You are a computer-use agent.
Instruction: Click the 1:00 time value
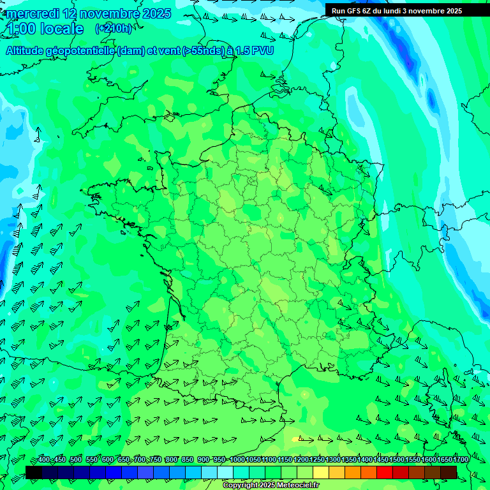(22, 29)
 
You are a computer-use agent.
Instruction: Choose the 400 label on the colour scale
(43, 459)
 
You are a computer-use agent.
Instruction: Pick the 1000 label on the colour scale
(237, 459)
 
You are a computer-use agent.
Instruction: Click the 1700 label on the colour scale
(461, 459)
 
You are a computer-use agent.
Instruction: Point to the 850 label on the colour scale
(187, 459)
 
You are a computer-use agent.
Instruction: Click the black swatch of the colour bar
(34, 472)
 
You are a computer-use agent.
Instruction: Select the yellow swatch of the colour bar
(321, 472)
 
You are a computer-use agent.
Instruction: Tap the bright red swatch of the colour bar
(385, 472)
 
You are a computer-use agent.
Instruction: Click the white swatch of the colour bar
(225, 472)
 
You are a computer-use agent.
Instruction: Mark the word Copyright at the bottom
(240, 486)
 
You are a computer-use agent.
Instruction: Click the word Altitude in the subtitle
(25, 50)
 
